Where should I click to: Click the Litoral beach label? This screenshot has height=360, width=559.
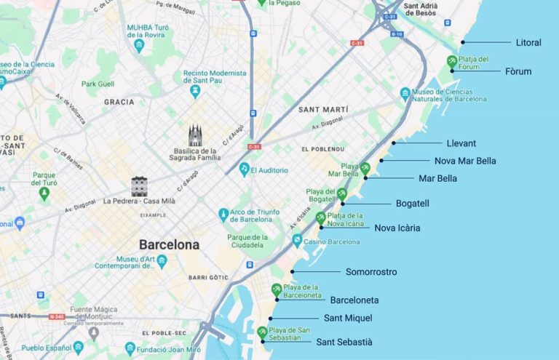click(x=528, y=43)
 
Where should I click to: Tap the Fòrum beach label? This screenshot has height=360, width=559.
click(x=518, y=71)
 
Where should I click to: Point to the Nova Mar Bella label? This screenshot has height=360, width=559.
click(x=465, y=161)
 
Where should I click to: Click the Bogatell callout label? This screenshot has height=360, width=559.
click(x=412, y=204)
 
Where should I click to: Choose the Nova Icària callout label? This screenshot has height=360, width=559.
click(x=397, y=228)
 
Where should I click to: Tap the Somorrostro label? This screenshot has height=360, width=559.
click(x=371, y=272)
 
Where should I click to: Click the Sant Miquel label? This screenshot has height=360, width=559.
click(x=347, y=318)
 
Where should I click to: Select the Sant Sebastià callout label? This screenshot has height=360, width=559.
click(x=344, y=342)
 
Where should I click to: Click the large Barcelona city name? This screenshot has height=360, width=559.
click(x=169, y=245)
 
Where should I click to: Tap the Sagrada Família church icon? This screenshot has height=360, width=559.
click(x=195, y=135)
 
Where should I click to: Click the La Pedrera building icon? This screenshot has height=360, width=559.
click(x=139, y=185)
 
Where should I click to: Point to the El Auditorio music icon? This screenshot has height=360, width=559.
click(x=245, y=169)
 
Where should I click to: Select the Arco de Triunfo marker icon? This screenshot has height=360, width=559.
click(x=224, y=215)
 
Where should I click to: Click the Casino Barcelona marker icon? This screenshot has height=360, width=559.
click(x=297, y=241)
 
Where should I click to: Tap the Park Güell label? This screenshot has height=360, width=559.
click(x=98, y=84)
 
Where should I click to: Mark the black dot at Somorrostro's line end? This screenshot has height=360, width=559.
click(x=293, y=272)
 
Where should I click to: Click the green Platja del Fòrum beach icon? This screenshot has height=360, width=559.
click(x=452, y=61)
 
